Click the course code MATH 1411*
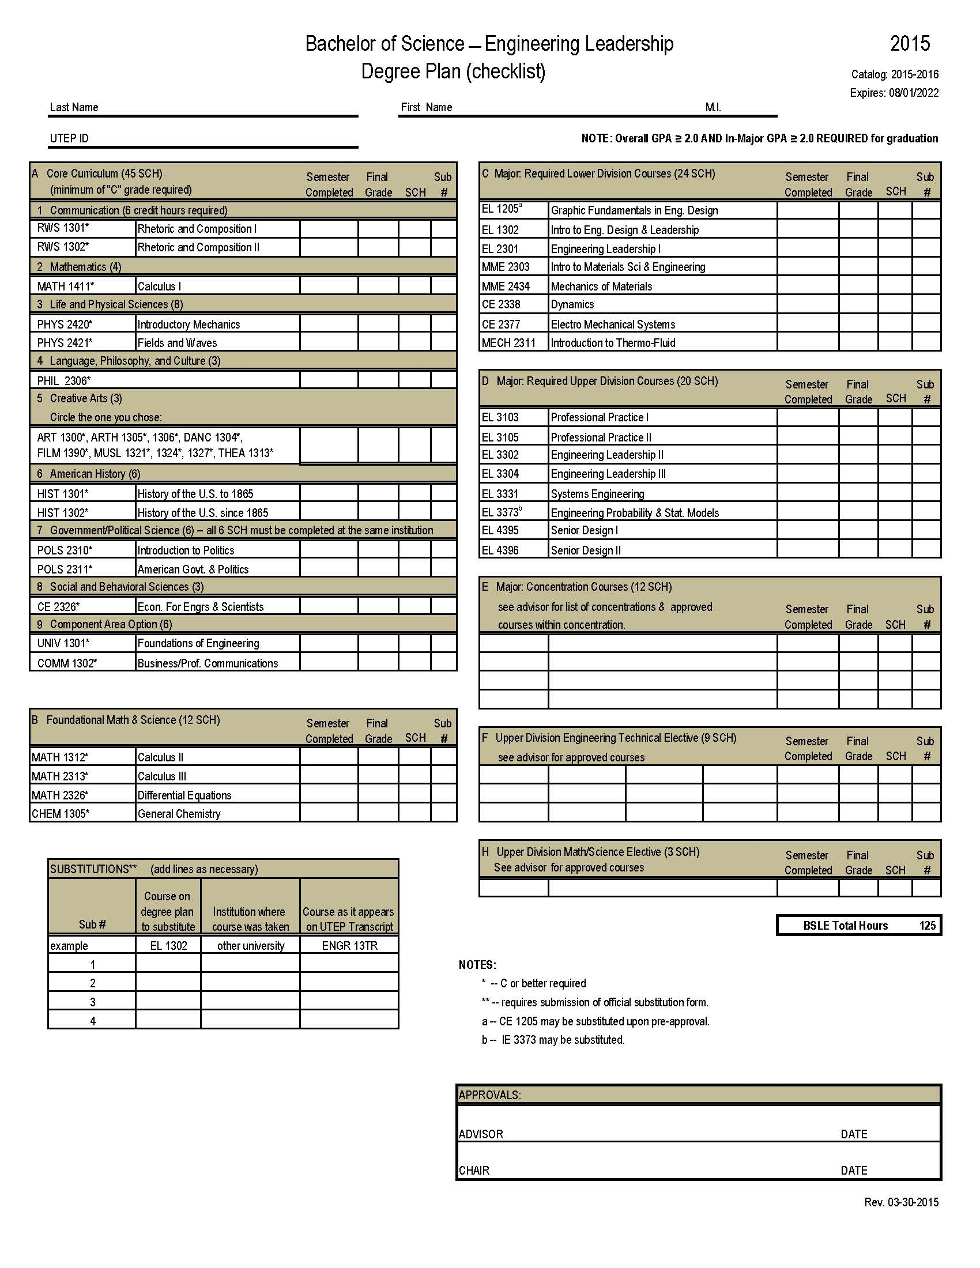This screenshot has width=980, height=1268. pyautogui.click(x=66, y=286)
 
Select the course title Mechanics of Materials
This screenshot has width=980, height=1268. pyautogui.click(x=601, y=286)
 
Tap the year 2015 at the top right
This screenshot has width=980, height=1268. pyautogui.click(x=910, y=44)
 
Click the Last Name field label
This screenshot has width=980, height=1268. pyautogui.click(x=74, y=107)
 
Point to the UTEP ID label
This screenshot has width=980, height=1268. pyautogui.click(x=69, y=138)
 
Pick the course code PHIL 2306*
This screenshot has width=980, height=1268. pyautogui.click(x=64, y=381)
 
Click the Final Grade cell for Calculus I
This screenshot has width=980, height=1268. pyautogui.click(x=378, y=285)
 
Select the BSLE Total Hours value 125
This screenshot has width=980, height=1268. pyautogui.click(x=927, y=926)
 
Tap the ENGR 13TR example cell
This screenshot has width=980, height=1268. pyautogui.click(x=349, y=946)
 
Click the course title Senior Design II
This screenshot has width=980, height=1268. pyautogui.click(x=585, y=550)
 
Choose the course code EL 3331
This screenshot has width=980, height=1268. pyautogui.click(x=500, y=494)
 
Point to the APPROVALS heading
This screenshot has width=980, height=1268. pyautogui.click(x=489, y=1095)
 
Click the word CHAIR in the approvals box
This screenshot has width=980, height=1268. pyautogui.click(x=474, y=1171)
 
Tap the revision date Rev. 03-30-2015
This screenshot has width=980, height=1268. pyautogui.click(x=901, y=1202)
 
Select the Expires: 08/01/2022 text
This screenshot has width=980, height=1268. pyautogui.click(x=894, y=93)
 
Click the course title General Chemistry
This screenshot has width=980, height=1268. pyautogui.click(x=179, y=814)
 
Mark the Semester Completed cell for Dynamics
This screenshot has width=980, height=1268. pyautogui.click(x=808, y=304)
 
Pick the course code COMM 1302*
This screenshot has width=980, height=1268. pyautogui.click(x=67, y=663)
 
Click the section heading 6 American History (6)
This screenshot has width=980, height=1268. pyautogui.click(x=89, y=474)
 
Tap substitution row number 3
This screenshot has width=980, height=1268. pyautogui.click(x=92, y=1002)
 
